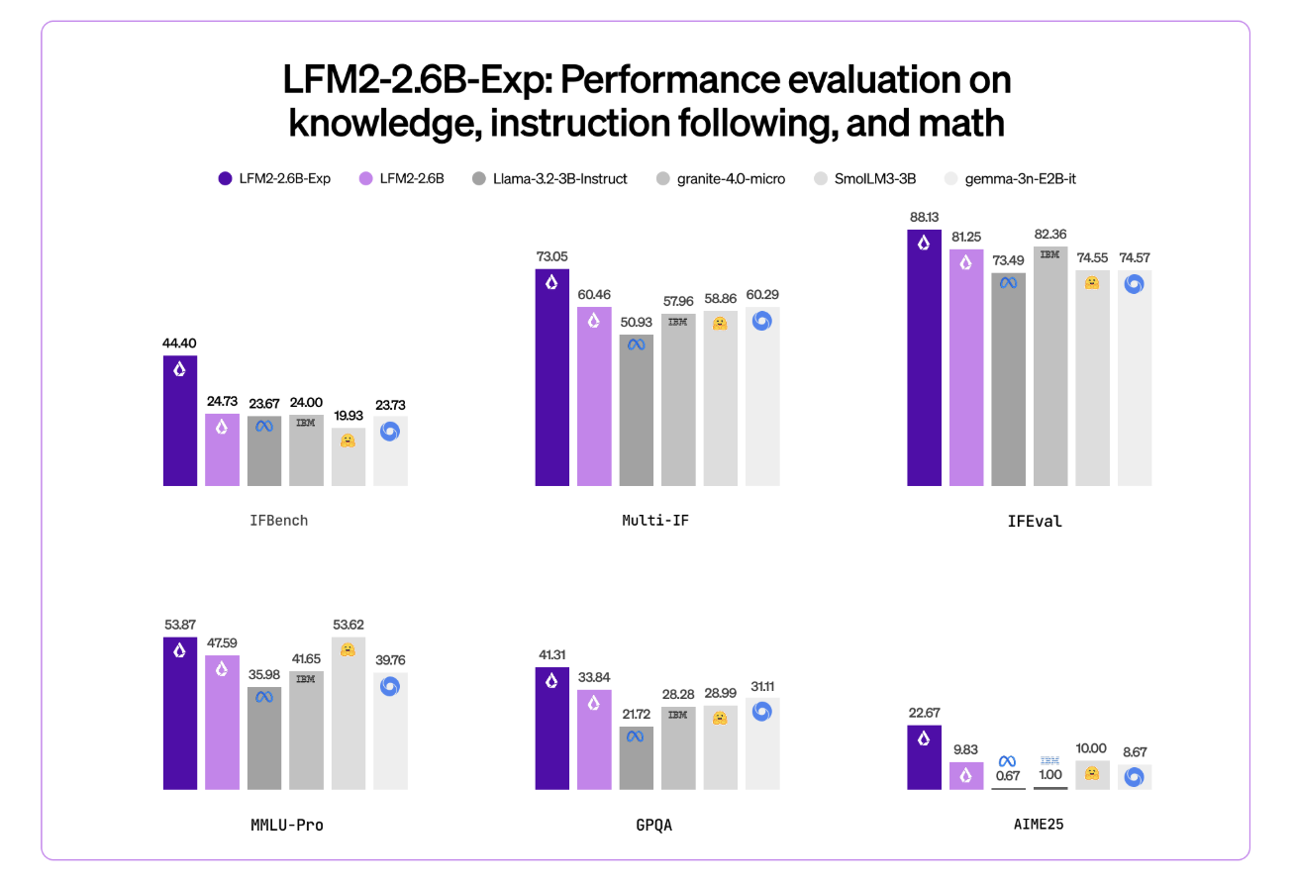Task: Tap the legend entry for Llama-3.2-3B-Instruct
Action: coord(549,179)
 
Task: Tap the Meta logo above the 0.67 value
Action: coord(1008,760)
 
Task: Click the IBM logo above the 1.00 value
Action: coord(1050,760)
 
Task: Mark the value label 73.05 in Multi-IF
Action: coord(551,256)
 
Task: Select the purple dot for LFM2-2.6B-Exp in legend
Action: coord(225,179)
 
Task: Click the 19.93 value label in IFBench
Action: coord(348,416)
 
